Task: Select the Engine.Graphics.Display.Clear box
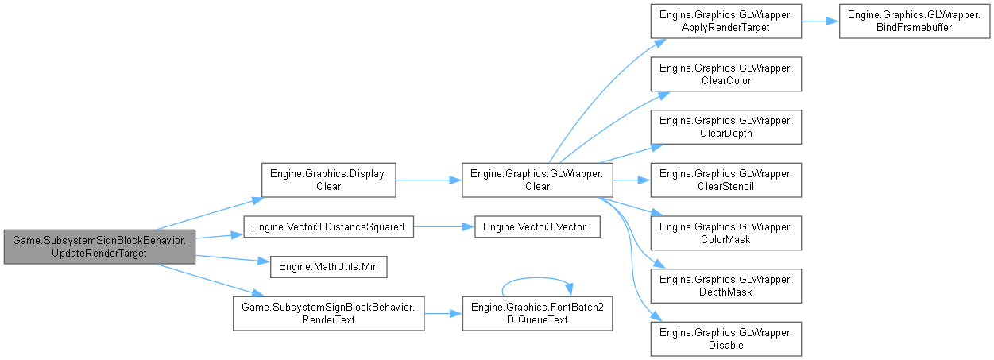[329, 180]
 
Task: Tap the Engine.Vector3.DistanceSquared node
[328, 227]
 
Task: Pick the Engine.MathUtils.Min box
[329, 266]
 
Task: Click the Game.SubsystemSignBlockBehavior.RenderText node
[328, 313]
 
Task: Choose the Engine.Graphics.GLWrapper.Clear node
[537, 180]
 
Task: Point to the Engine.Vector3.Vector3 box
[537, 227]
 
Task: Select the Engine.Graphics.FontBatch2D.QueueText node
[537, 313]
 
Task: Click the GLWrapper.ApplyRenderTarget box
[725, 22]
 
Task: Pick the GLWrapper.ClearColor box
[725, 75]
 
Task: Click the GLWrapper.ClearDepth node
[725, 127]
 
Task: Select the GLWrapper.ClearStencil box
[725, 180]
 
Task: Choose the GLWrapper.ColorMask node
[725, 232]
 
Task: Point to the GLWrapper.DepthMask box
[725, 285]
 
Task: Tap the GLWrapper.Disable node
[725, 337]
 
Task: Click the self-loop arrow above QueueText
[537, 278]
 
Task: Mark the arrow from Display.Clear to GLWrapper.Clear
[428, 180]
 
